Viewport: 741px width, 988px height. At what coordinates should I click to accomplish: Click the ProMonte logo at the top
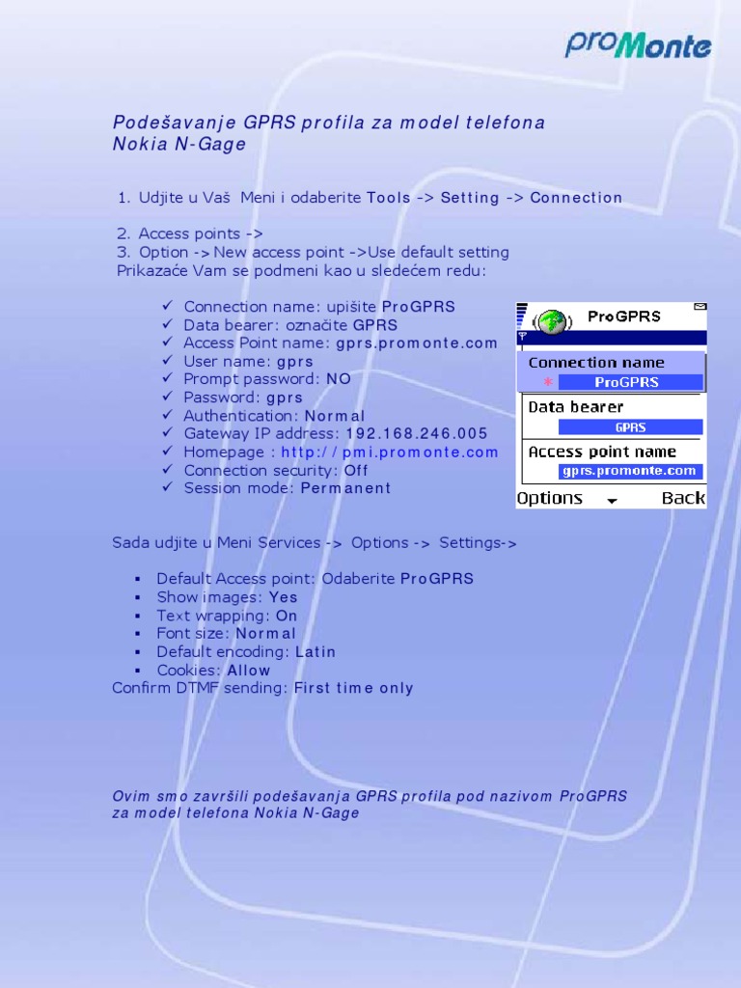pos(638,44)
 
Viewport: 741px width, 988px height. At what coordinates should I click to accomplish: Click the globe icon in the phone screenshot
pos(550,319)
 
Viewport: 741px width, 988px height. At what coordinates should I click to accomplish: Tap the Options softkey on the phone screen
pos(550,498)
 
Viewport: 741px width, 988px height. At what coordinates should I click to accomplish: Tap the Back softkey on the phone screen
pos(683,498)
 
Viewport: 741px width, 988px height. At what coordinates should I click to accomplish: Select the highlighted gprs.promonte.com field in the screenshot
pos(630,471)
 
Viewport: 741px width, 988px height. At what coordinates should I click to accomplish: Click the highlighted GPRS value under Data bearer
pos(630,426)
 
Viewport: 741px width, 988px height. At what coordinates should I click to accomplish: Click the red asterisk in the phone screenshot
pos(548,382)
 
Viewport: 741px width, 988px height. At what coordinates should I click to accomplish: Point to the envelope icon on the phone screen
pos(700,307)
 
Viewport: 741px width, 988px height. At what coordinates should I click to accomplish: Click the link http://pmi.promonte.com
pos(390,452)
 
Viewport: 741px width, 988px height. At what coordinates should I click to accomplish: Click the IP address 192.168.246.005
pos(417,433)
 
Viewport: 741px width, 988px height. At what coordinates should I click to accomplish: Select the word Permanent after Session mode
pos(345,488)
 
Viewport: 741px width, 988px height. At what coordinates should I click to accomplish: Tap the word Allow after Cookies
pos(249,670)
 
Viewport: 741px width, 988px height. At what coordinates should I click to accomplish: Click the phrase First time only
pos(353,688)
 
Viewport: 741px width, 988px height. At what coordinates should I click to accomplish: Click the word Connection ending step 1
pos(576,198)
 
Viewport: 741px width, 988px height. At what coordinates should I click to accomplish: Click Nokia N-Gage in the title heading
pos(179,145)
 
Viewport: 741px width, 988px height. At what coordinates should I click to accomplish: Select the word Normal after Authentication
pos(335,415)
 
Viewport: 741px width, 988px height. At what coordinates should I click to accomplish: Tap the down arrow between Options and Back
pos(611,500)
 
